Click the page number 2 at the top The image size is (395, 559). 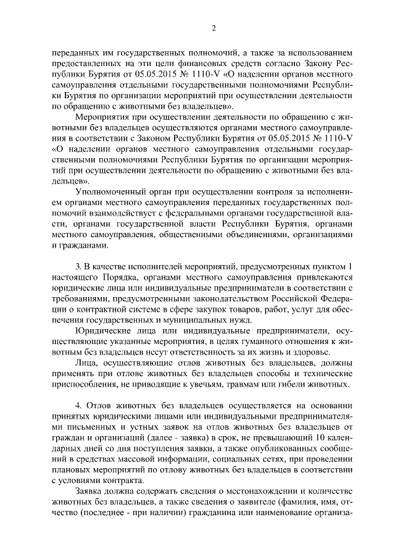(212, 28)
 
